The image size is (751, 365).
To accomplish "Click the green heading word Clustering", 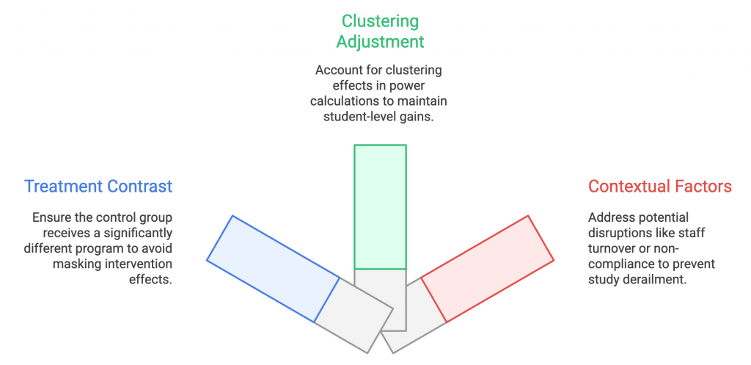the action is (x=380, y=21).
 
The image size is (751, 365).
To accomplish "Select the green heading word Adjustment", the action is (x=380, y=42).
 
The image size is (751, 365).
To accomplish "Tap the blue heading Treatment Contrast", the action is (x=98, y=186).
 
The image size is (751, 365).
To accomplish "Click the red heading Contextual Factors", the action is (x=660, y=186).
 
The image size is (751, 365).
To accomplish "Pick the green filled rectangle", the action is (x=381, y=206).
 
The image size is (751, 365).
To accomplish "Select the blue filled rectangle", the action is (x=273, y=269).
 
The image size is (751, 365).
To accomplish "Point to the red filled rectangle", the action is (x=487, y=269).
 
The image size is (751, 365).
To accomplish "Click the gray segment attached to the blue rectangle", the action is (x=353, y=315).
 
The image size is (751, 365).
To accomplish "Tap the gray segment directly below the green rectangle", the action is (x=381, y=300).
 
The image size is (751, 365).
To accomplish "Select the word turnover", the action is (x=610, y=248).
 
